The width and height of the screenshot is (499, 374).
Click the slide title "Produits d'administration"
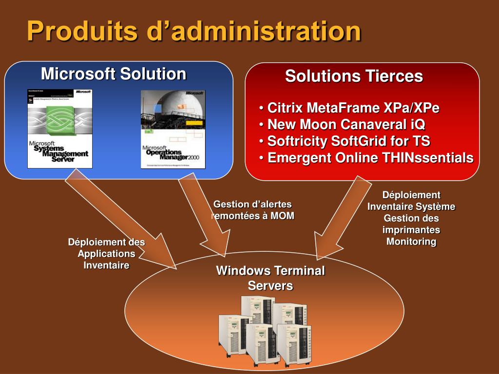(x=194, y=32)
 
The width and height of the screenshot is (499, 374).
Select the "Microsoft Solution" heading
(x=114, y=74)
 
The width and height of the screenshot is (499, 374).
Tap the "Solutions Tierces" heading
(x=354, y=76)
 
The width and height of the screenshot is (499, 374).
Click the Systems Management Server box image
(x=60, y=129)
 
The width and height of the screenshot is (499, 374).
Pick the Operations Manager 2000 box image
(x=173, y=129)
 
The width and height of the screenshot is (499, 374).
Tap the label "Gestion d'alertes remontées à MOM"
(x=253, y=210)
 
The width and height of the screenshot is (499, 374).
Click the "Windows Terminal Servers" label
(x=270, y=278)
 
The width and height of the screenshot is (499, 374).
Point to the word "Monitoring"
(x=411, y=242)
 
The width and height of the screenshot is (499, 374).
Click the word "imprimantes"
(x=411, y=230)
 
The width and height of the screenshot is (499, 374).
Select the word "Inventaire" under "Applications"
(x=106, y=265)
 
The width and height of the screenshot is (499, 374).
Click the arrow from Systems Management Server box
(x=122, y=219)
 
